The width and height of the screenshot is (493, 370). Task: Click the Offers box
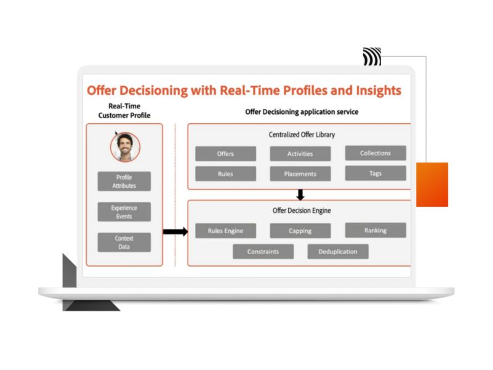[x=225, y=153]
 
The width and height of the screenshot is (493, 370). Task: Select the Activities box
[x=300, y=153]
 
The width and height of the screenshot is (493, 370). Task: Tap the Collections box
[x=375, y=153]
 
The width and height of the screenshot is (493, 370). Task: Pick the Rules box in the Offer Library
[x=225, y=174]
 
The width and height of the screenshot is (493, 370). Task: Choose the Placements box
[x=300, y=174]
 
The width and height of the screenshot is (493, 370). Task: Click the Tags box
[x=375, y=173]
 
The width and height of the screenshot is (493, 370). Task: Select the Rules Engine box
[x=225, y=231]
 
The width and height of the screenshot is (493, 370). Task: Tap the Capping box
[x=300, y=231]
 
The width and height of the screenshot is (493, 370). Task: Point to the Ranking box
[x=375, y=230]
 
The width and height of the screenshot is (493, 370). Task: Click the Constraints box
[x=263, y=251]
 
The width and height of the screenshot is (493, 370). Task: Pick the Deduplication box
[x=338, y=251]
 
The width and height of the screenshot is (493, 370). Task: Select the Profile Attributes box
[x=124, y=181]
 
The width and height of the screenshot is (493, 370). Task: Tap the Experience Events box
[x=124, y=212]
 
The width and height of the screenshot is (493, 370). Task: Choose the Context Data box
[x=124, y=243]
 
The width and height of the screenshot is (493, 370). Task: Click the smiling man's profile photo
[x=125, y=147]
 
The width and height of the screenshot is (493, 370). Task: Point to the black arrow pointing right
[x=175, y=232]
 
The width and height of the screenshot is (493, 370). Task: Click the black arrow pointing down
[x=300, y=195]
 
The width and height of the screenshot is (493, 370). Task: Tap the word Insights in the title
[x=379, y=90]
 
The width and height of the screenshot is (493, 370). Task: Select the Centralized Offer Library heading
[x=302, y=135]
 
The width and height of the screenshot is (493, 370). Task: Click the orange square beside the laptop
[x=432, y=184]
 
